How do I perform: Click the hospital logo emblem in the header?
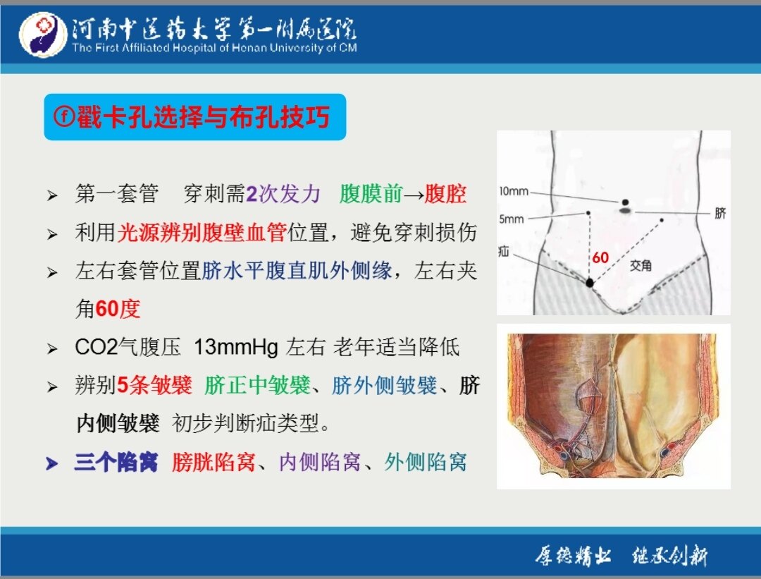[43, 35]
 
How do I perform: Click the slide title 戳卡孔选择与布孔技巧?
[204, 117]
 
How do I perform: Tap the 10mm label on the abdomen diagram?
[514, 191]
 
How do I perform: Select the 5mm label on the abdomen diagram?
[512, 219]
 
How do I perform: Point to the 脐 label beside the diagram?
[720, 213]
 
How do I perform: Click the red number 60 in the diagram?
[600, 257]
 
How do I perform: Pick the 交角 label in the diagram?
[641, 265]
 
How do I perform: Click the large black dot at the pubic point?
[590, 282]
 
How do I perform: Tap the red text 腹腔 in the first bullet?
[445, 194]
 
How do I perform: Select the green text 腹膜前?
[371, 194]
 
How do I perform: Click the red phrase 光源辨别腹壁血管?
[202, 232]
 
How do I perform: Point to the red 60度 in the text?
[118, 308]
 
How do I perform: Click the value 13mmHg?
[236, 347]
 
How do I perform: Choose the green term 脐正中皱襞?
[257, 386]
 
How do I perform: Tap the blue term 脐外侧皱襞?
[385, 386]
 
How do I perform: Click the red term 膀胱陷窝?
[214, 462]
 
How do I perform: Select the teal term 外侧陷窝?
[426, 462]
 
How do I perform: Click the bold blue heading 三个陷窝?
[116, 462]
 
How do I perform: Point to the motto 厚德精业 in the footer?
[573, 555]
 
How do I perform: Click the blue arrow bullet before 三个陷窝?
[51, 463]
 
